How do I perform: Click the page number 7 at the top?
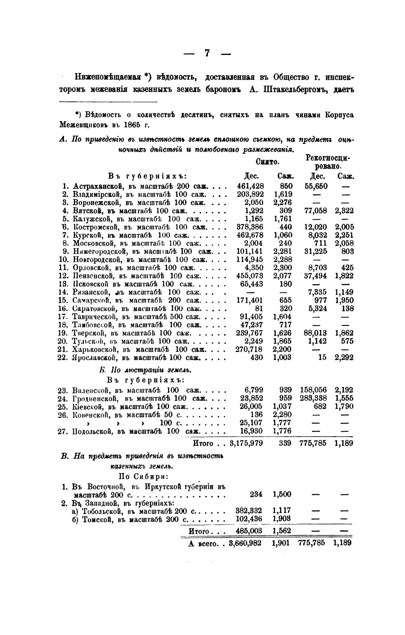[207, 53]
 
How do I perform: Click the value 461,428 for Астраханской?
[250, 186]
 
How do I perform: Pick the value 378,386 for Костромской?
[250, 227]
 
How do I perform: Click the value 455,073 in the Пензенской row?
[250, 276]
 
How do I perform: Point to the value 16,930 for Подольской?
[252, 431]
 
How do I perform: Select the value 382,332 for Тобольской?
[249, 511]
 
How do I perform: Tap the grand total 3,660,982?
[246, 543]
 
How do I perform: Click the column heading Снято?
[267, 162]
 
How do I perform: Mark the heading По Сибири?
[143, 476]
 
